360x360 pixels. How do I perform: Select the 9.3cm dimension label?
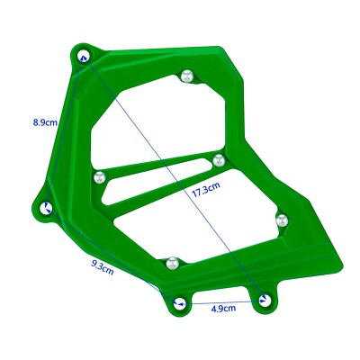coord(102,266)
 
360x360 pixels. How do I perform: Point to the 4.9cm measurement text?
coord(223,309)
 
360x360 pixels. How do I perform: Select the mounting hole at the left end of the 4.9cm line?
coord(179,303)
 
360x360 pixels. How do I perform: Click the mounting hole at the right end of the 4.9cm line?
coord(263,300)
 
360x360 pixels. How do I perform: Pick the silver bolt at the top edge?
coord(186,75)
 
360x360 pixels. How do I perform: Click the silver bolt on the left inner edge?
coord(101,176)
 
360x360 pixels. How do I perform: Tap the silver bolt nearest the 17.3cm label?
coord(218,160)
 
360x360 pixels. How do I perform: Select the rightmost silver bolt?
coord(280,218)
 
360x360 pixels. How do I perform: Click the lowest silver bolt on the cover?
coord(172,263)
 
